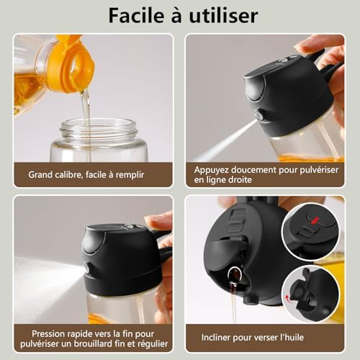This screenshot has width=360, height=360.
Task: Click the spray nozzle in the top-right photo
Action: [258, 115]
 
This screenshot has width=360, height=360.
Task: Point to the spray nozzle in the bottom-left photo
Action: [86, 269]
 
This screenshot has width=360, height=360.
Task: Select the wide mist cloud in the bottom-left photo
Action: [43, 277]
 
